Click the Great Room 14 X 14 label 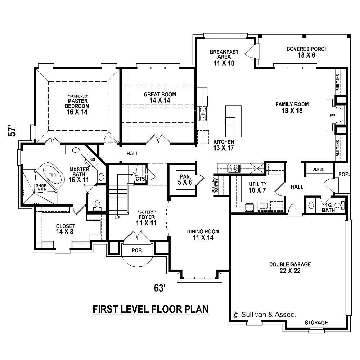(160, 97)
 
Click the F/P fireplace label (332, 116)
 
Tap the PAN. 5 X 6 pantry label (183, 179)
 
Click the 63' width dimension (159, 288)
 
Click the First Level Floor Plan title (150, 309)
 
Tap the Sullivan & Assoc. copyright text (265, 314)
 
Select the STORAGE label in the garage (316, 323)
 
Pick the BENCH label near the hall (319, 169)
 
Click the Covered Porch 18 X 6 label (307, 52)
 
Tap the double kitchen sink (203, 113)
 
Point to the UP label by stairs (117, 217)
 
